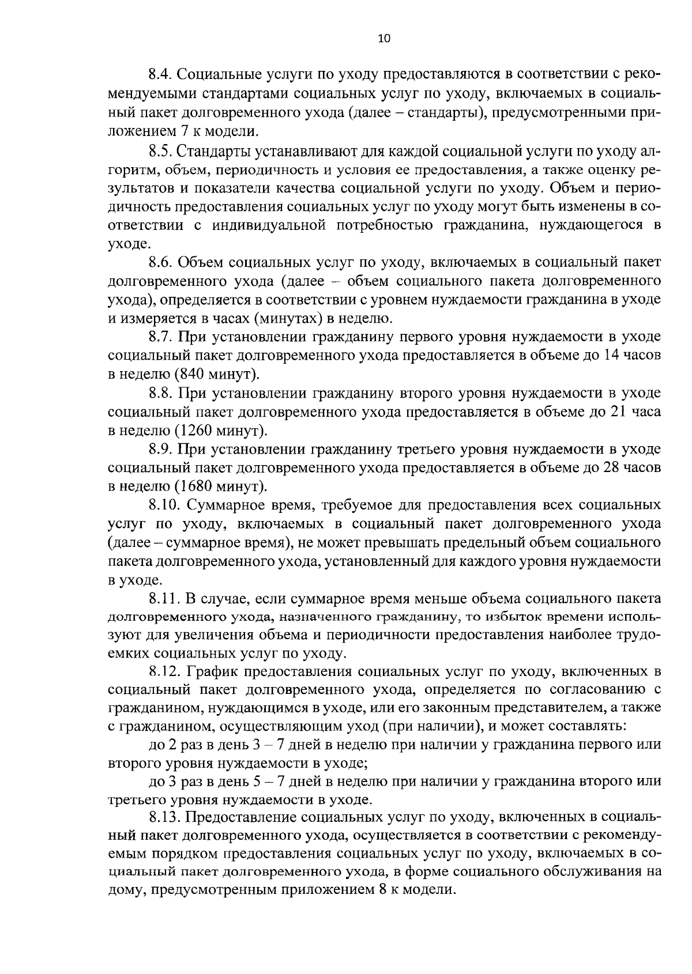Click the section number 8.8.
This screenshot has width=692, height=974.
point(160,394)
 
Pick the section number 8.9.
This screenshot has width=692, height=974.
point(160,450)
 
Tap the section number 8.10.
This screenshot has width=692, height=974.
point(163,506)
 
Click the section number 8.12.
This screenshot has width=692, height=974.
point(163,671)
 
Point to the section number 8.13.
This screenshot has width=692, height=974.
point(163,817)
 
